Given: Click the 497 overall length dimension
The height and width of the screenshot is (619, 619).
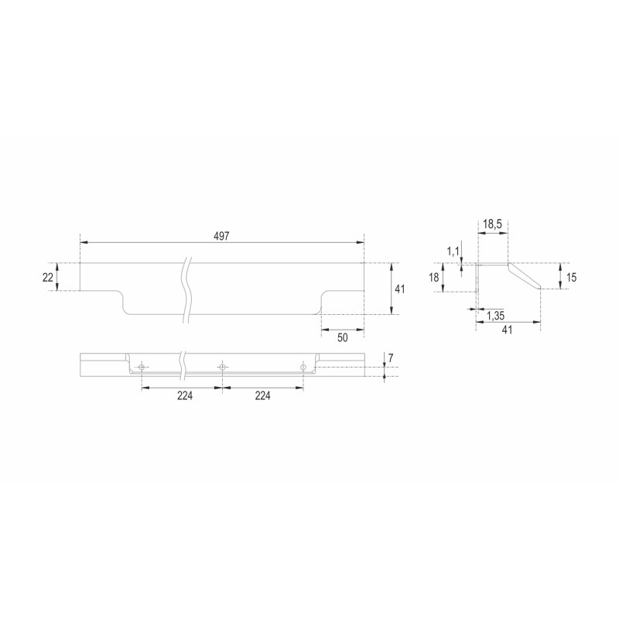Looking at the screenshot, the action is click(221, 236).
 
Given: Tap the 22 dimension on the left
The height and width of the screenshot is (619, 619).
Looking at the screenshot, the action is click(48, 278).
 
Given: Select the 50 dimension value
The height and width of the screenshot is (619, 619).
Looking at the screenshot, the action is click(343, 337).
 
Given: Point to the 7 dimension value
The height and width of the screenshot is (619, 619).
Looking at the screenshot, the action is click(391, 358).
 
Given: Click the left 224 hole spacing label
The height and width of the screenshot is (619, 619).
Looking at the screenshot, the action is click(185, 395).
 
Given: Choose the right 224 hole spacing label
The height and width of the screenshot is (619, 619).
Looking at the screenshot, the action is click(262, 395).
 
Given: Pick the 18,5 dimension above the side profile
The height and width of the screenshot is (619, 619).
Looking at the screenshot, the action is click(492, 224).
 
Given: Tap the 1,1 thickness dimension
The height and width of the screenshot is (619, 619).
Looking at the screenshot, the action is click(453, 251).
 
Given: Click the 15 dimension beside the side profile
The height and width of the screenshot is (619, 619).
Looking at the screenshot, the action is click(571, 278).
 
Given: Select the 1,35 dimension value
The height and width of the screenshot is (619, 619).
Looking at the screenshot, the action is click(495, 316).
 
